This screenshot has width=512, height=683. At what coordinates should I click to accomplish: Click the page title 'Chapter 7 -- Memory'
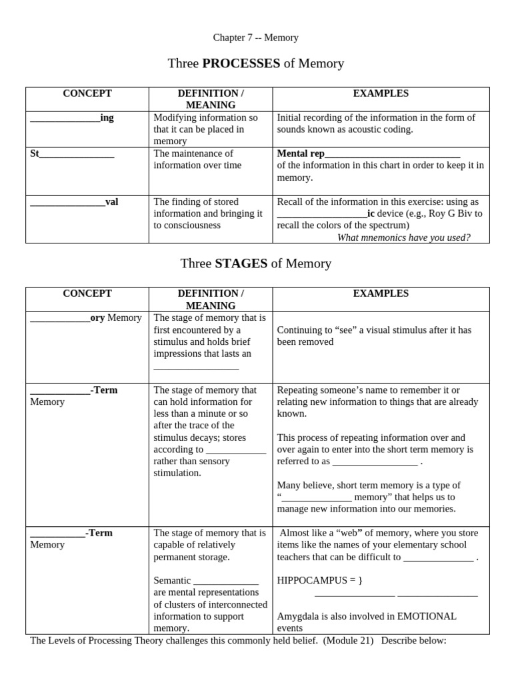tap(255, 37)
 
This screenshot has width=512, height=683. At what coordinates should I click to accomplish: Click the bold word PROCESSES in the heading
tap(241, 63)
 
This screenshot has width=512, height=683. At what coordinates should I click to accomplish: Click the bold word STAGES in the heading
tap(241, 263)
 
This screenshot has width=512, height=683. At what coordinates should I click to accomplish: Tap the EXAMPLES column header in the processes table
tap(381, 93)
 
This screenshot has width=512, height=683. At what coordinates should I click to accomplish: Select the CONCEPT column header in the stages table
tap(87, 293)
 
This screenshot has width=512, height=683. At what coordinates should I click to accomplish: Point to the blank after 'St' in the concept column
tap(77, 154)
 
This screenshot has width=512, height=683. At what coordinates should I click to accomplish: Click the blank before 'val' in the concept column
tap(67, 202)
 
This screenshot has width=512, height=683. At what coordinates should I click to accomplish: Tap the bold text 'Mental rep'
tap(301, 153)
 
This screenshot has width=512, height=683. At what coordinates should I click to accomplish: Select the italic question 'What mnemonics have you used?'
tap(403, 237)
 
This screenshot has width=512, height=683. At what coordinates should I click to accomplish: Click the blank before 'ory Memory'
tap(60, 318)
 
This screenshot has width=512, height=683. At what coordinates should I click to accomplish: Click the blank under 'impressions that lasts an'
tap(196, 366)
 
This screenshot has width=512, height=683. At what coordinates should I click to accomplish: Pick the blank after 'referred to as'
tap(375, 462)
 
